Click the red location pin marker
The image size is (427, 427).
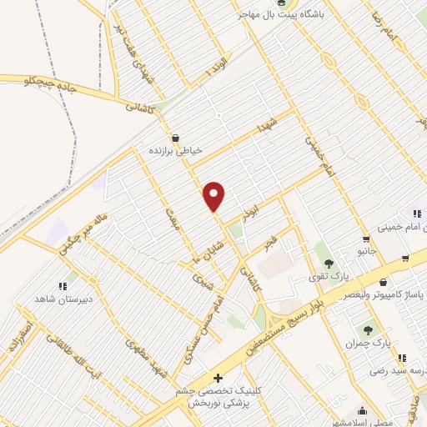coord(214,197)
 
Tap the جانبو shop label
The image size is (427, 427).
coord(368,250)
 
